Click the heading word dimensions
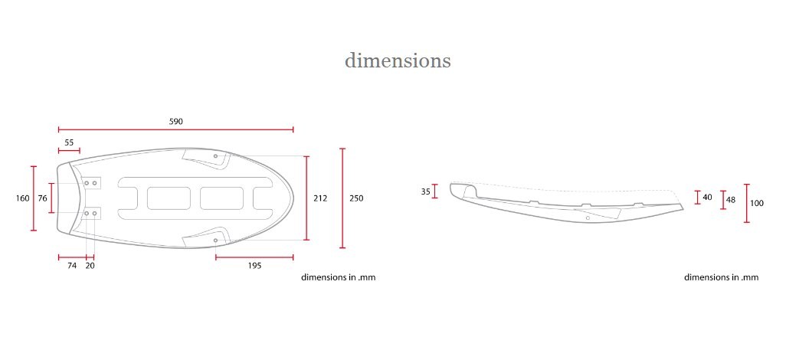398,61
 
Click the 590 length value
176,121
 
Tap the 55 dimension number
69,142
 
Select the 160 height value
22,198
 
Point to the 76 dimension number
43,198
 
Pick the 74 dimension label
72,266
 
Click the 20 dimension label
90,266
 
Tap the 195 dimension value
254,266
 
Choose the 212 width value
320,198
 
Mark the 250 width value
356,198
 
